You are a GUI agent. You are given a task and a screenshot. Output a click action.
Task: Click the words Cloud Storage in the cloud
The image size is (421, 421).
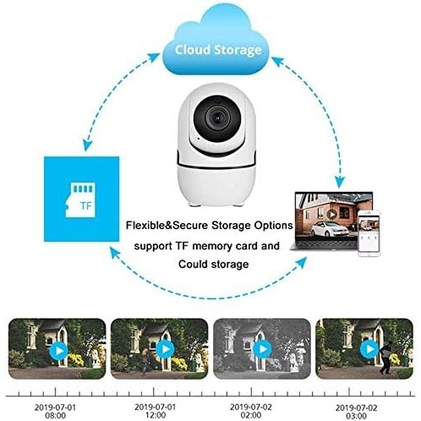218,50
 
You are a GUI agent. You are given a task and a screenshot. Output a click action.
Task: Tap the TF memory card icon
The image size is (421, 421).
80,200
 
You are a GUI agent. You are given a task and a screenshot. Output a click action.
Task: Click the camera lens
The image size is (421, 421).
217,118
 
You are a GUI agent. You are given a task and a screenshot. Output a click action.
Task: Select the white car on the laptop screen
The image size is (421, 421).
330,229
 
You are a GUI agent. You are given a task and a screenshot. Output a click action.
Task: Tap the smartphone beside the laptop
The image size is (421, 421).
369,232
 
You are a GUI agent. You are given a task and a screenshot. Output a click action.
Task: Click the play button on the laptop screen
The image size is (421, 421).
332,215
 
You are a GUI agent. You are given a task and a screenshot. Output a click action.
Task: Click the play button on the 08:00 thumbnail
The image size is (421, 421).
58,351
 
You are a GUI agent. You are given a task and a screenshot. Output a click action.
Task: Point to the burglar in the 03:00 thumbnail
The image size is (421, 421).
385,357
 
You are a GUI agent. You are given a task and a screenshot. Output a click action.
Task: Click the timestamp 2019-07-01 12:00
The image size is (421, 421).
155,411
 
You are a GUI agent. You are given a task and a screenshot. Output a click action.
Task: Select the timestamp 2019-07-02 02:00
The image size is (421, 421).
251,411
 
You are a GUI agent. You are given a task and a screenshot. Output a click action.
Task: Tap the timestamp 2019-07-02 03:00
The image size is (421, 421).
356,412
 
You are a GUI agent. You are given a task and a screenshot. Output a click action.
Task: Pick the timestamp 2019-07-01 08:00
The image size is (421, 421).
55,411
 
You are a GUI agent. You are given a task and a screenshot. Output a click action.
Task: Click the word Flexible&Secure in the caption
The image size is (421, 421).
167,226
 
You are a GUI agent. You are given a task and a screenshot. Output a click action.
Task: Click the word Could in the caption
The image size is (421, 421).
193,265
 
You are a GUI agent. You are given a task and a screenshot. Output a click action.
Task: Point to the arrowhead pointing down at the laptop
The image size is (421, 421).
341,183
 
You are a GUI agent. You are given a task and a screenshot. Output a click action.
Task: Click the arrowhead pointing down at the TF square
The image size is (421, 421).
89,145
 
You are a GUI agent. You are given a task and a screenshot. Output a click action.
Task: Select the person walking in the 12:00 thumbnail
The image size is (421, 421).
145,362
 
